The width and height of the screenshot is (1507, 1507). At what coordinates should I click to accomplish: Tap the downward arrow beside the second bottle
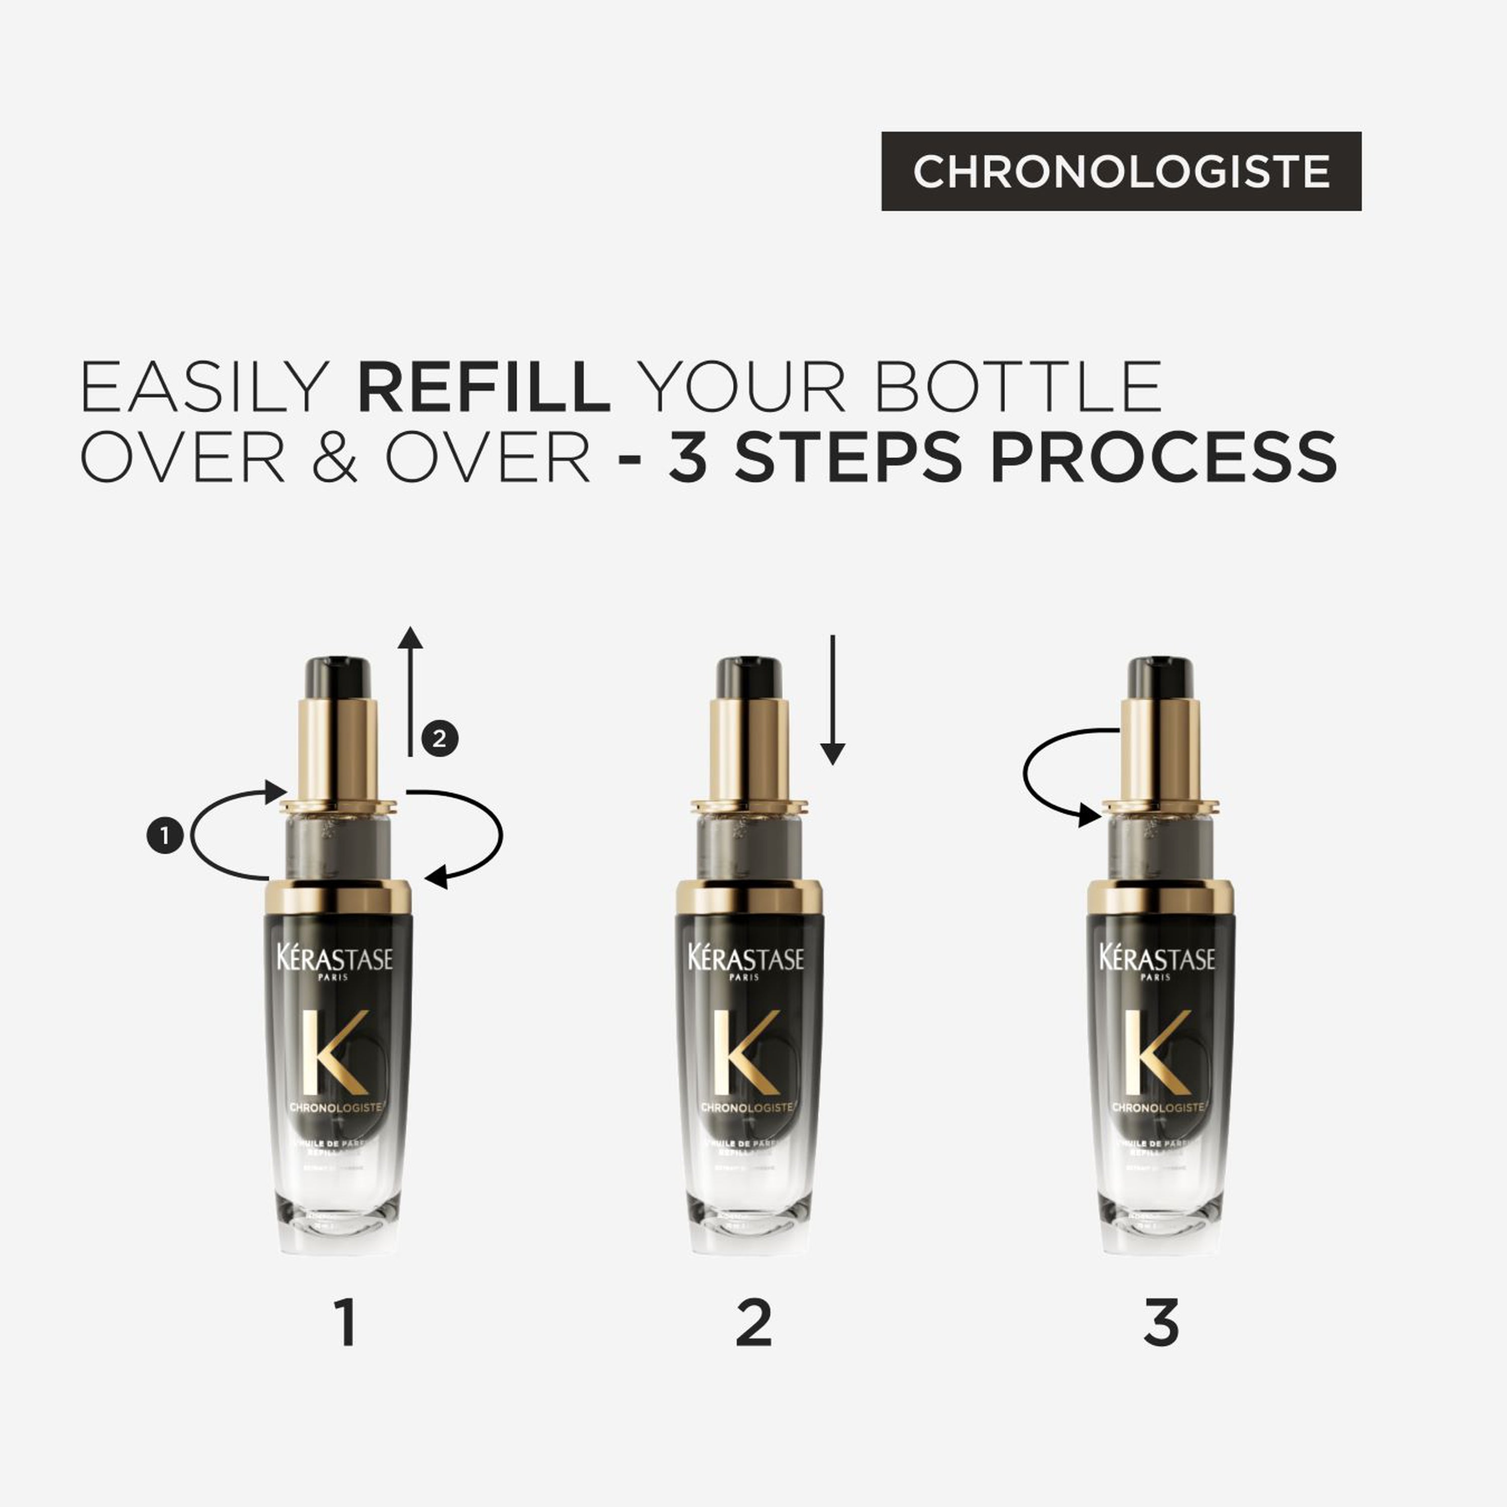832,702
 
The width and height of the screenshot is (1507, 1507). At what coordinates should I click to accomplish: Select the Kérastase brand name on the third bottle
1157,958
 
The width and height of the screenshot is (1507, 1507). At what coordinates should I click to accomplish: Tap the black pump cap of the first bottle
337,677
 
